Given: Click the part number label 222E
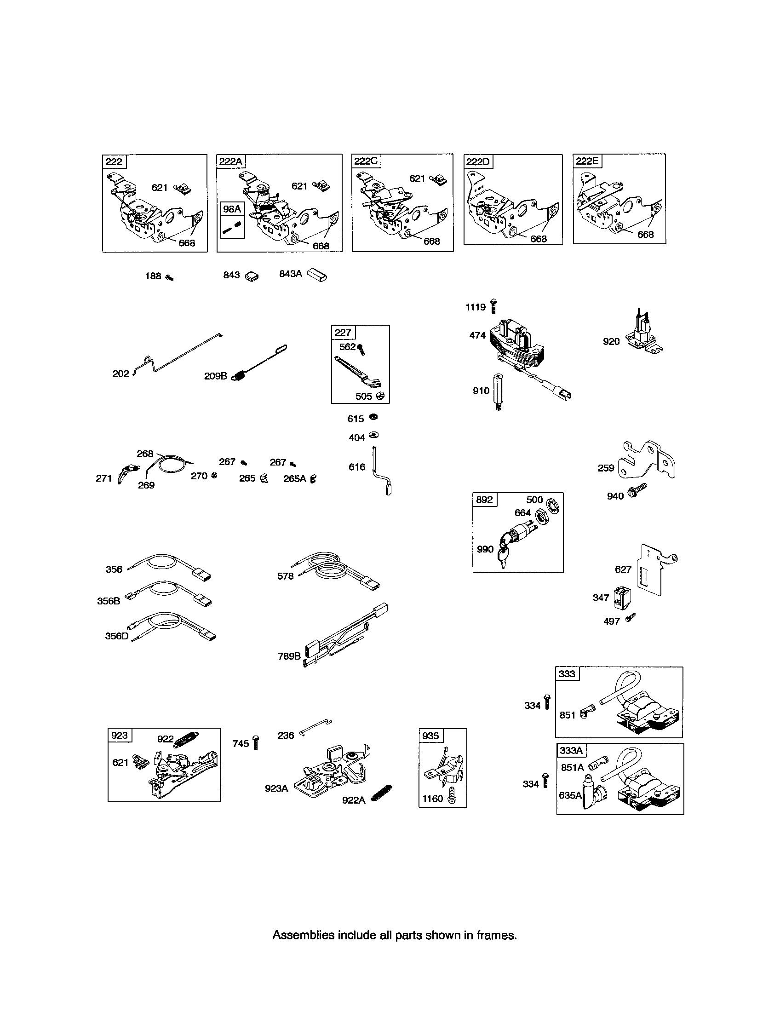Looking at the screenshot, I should pos(586,161).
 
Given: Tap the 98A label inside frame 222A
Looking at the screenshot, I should pos(232,209).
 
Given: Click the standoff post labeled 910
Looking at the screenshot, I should pos(498,391).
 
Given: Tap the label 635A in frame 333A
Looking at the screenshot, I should pos(570,795).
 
